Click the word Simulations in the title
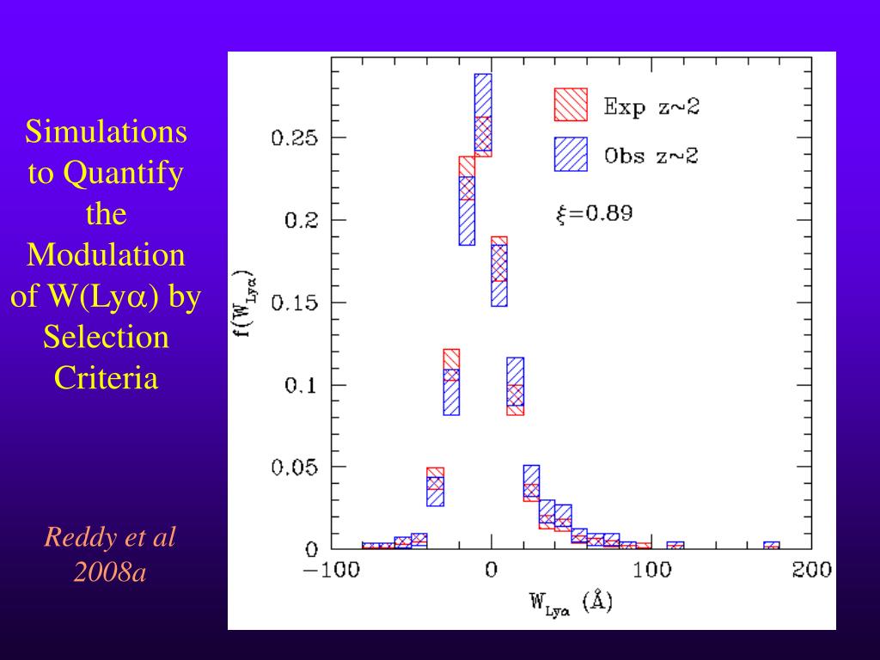106,132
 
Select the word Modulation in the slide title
106,255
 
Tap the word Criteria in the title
106,377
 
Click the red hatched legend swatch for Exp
571,105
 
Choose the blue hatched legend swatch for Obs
571,155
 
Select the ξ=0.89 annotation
594,214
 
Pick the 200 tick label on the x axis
811,570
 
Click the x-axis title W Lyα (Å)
570,603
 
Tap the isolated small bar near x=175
772,545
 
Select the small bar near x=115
675,545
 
